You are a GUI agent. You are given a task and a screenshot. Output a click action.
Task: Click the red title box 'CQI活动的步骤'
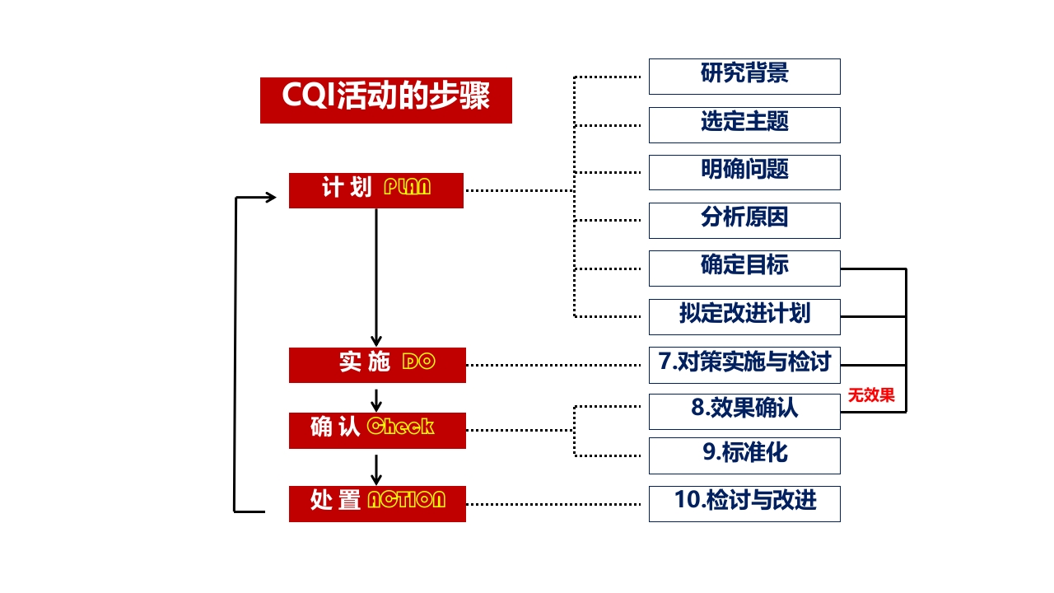coord(385,100)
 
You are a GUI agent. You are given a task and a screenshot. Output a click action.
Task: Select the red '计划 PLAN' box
coord(376,190)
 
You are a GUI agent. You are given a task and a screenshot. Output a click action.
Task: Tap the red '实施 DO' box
coord(377,365)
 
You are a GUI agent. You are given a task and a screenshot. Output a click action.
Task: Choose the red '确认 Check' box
coord(377,430)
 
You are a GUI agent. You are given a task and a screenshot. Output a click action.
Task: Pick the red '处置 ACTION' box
coord(377,503)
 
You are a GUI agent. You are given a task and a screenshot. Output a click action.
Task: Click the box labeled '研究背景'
coord(744,76)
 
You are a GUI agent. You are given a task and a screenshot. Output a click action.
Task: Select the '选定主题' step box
coord(744,124)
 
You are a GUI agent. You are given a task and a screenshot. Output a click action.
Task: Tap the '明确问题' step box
coord(744,172)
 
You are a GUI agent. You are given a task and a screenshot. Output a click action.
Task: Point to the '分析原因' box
coord(744,220)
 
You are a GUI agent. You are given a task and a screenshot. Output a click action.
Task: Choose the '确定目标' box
coord(744,268)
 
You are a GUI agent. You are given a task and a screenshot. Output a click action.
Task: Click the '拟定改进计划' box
coord(744,316)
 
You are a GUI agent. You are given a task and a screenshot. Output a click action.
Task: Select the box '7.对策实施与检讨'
coord(744,364)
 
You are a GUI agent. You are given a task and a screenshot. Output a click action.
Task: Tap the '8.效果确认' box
coord(744,411)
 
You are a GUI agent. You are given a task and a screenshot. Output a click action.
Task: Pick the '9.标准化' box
coord(744,455)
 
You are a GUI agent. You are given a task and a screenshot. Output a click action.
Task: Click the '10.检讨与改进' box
coord(744,503)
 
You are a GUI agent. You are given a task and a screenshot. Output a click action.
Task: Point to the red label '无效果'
coord(871,396)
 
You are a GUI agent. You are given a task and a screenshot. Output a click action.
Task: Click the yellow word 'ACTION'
coord(406,500)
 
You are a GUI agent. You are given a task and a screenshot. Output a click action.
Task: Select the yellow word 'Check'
coord(400,427)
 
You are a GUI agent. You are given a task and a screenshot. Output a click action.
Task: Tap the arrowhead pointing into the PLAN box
coord(269,197)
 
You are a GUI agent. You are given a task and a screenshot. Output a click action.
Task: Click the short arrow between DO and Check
coord(376,400)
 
